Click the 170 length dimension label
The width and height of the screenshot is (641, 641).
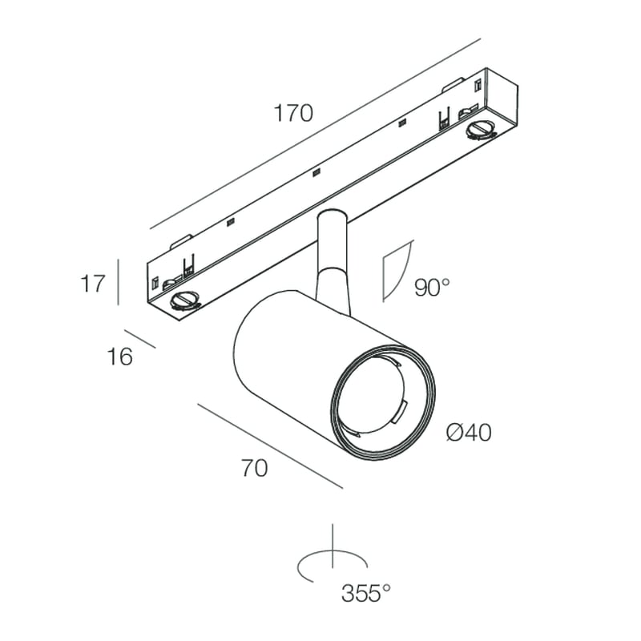pos(294,113)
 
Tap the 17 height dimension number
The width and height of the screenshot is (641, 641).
pos(93,283)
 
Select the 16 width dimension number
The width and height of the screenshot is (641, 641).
pos(119,356)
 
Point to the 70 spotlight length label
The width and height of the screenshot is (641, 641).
pos(254,470)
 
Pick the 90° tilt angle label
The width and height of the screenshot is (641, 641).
pos(433,287)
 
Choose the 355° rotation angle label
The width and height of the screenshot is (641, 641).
pos(365,594)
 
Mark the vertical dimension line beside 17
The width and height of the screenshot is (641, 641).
pos(119,281)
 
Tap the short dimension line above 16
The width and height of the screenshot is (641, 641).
pos(139,338)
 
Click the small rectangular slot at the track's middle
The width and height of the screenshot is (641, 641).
pos(316,172)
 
